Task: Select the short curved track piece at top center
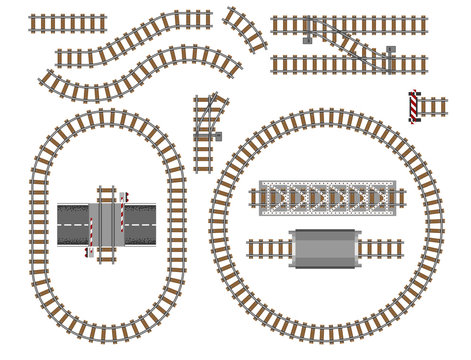coord(244,28)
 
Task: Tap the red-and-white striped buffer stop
coord(412,105)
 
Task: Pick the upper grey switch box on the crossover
coord(308,21)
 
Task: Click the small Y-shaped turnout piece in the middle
coord(207,125)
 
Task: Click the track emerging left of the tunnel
coord(268,246)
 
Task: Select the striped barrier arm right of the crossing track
coord(123,212)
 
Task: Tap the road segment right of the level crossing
coord(140,221)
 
